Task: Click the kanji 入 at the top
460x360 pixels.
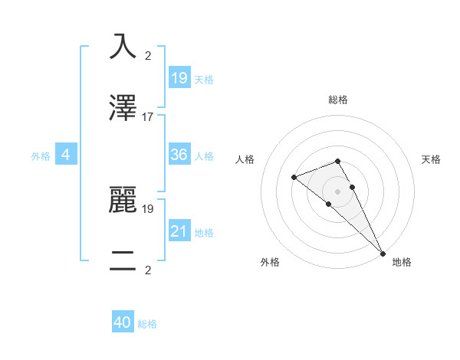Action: point(123,47)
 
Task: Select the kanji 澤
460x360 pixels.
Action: point(123,108)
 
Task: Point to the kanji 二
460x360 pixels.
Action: point(123,260)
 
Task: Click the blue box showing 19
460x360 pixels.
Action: point(179,77)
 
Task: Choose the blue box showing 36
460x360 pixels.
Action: point(179,155)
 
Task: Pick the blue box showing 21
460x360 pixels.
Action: point(179,231)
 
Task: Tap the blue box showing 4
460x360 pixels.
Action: point(66,155)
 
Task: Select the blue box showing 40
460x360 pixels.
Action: point(123,322)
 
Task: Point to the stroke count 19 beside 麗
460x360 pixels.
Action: point(148,208)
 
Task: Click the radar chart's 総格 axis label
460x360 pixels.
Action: point(338,100)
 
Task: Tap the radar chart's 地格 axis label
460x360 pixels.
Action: point(402,262)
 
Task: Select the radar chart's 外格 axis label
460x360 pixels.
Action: point(270,262)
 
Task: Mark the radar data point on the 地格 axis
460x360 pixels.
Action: point(382,252)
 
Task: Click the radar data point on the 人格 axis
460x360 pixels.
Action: point(294,178)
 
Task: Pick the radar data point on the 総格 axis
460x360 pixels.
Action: point(338,161)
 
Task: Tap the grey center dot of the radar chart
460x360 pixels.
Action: point(338,191)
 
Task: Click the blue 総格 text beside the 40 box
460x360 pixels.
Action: point(147,324)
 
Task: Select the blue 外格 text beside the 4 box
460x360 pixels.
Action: point(41,156)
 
